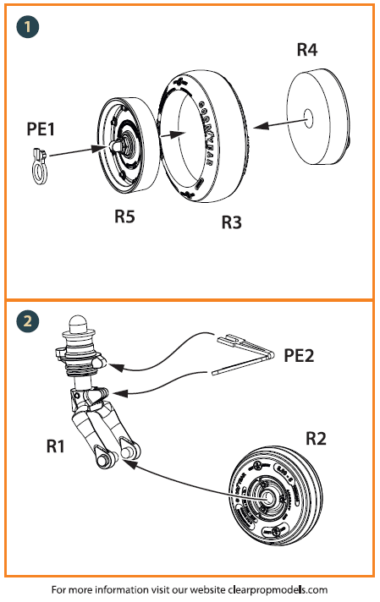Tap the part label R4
tap(307, 50)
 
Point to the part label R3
tap(232, 222)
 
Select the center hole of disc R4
tap(306, 118)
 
